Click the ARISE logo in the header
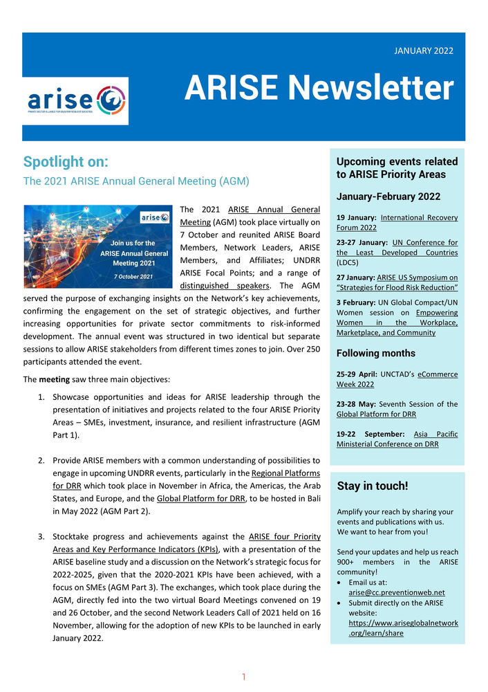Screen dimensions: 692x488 coord(75,101)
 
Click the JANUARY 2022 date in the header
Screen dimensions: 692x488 coord(424,51)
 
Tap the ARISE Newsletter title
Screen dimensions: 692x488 coord(319,89)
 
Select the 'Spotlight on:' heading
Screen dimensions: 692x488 coord(66,162)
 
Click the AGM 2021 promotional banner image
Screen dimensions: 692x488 coord(97,246)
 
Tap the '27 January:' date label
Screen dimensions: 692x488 coord(359,277)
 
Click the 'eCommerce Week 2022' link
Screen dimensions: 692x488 coord(397,379)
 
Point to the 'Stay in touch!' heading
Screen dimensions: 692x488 coord(373,486)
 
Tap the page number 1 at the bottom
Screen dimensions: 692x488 coord(243,677)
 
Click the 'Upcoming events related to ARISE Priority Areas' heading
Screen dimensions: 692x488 coord(396,167)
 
